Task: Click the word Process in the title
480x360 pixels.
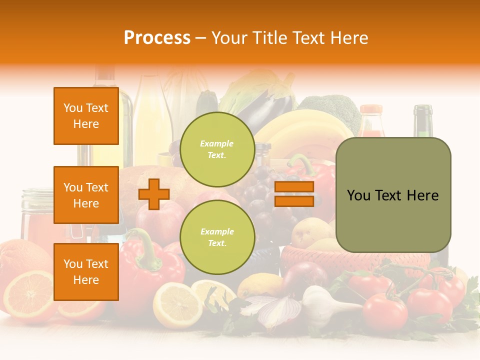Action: pos(157,37)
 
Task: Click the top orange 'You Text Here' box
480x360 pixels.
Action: pos(86,116)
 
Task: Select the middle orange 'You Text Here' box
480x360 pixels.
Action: pos(86,195)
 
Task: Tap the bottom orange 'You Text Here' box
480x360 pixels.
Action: pos(86,272)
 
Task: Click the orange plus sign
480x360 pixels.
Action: pos(154,194)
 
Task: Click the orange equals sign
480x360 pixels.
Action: pos(294,194)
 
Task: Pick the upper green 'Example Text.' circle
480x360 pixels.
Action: pos(217,149)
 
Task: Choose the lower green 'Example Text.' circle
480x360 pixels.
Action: pos(217,237)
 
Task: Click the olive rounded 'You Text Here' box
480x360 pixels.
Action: pos(393,195)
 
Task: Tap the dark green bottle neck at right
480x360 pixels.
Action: pos(423,120)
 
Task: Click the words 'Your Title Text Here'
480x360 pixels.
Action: pos(289,37)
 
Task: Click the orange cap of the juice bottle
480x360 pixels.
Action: pos(371,110)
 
